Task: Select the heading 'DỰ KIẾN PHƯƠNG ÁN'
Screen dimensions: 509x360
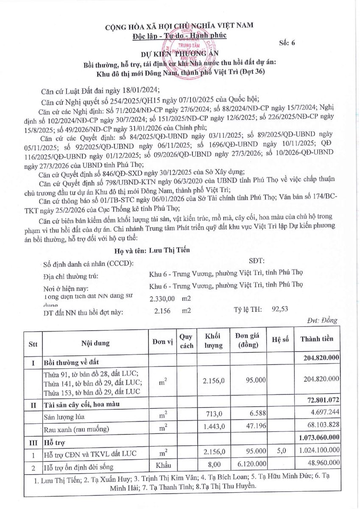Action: tap(180, 54)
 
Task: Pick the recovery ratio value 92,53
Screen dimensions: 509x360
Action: tap(280, 309)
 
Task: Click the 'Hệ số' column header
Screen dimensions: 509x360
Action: tap(280, 341)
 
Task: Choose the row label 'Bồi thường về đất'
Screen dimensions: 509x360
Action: tap(69, 363)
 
